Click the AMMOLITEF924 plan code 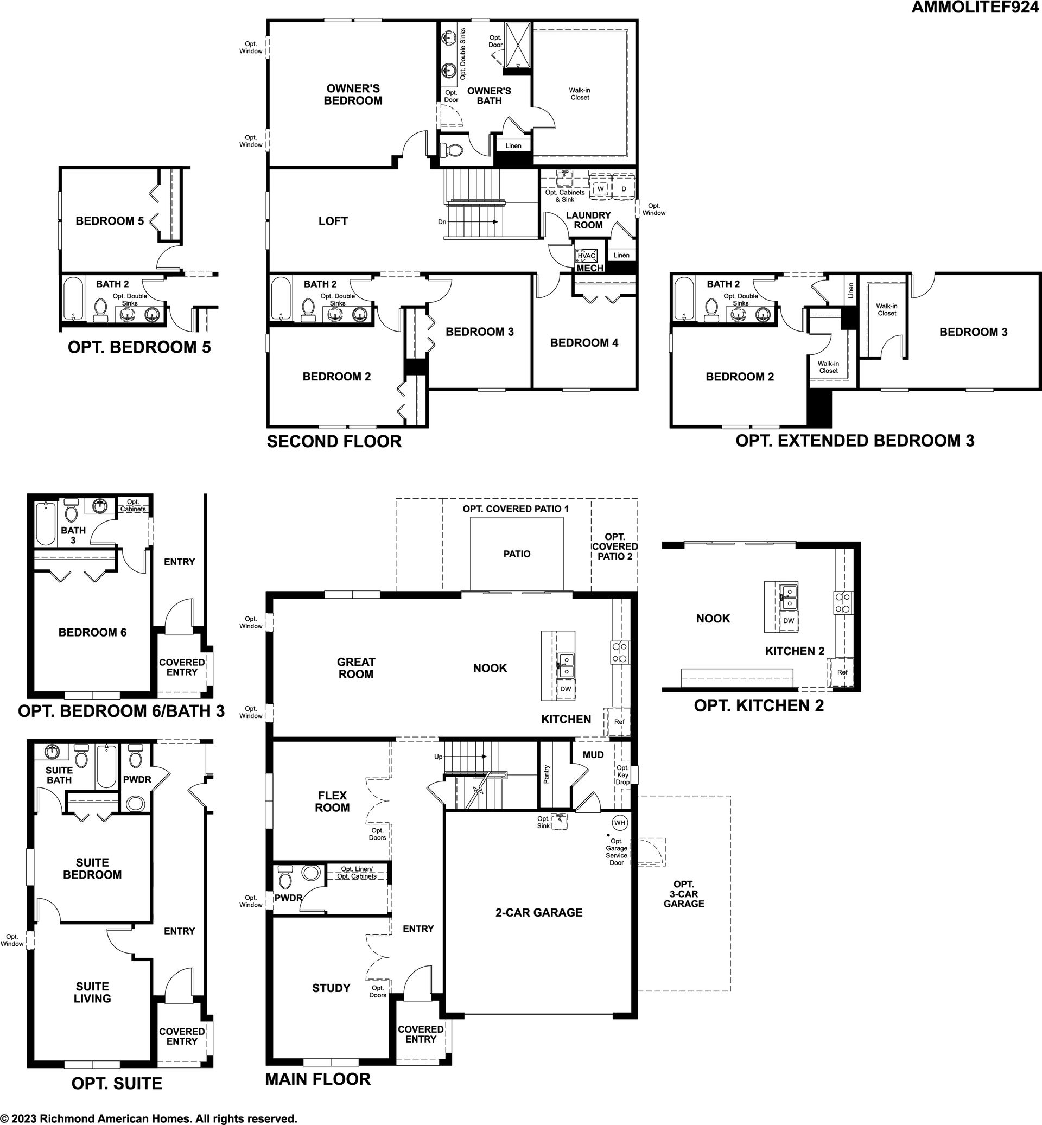[x=976, y=8]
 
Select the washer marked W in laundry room [x=600, y=188]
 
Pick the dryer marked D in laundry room [x=624, y=188]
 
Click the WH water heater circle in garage [x=620, y=823]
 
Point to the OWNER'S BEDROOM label [x=353, y=95]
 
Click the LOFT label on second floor [x=333, y=221]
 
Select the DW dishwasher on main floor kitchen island [x=566, y=689]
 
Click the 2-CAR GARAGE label [x=539, y=912]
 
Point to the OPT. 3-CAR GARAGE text [x=684, y=894]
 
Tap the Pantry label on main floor [x=546, y=774]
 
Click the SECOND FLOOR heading [x=334, y=442]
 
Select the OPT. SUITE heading [x=117, y=1083]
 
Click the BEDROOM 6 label [x=92, y=633]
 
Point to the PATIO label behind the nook [x=517, y=554]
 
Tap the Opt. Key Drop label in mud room [x=622, y=775]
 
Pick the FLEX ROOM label [x=333, y=802]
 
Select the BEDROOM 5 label [x=110, y=221]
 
